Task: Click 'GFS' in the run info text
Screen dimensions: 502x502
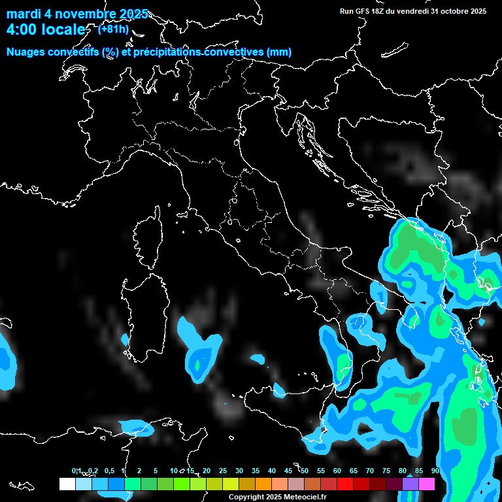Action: [x=363, y=10]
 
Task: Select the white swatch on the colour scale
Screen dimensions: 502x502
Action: [x=67, y=484]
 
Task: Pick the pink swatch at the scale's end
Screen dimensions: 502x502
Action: [x=427, y=484]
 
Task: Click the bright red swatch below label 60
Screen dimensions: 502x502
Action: [x=345, y=484]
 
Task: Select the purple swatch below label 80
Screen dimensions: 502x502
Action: [x=410, y=484]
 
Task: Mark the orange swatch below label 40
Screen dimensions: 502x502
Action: [x=263, y=484]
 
